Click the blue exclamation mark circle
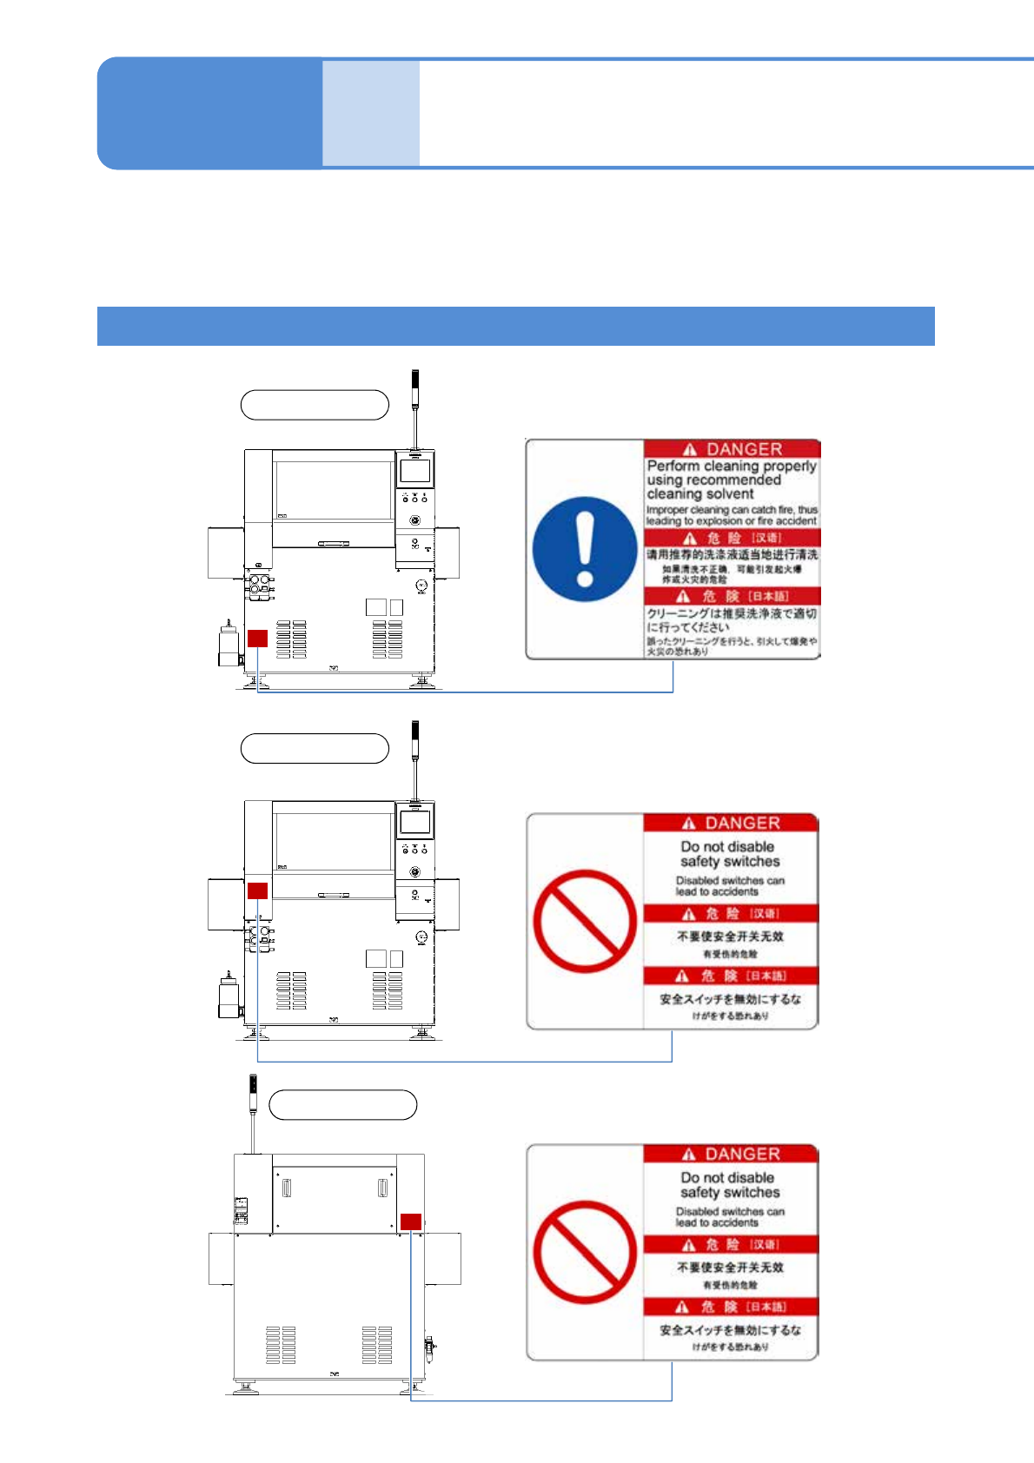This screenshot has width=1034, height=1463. [x=585, y=549]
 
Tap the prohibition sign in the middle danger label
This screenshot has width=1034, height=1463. [x=585, y=921]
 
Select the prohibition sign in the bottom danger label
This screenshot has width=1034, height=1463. [x=585, y=1252]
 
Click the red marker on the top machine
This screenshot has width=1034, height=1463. [x=257, y=639]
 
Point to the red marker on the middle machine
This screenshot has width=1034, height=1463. [x=257, y=890]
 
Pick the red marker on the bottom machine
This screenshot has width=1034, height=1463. [x=411, y=1221]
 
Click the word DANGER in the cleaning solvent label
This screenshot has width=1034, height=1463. [x=744, y=449]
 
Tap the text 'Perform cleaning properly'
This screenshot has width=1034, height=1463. [x=732, y=467]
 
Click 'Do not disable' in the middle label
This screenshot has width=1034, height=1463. [x=727, y=846]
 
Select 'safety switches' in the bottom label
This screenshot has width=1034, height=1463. [x=730, y=1193]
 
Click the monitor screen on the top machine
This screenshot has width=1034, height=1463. [x=415, y=471]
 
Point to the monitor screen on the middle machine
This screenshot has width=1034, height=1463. [x=415, y=822]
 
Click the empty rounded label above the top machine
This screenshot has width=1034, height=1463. [x=315, y=405]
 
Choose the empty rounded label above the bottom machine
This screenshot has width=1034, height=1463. [x=343, y=1105]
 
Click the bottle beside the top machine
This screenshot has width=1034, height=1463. [x=228, y=645]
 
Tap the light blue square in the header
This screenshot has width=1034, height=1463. [x=371, y=113]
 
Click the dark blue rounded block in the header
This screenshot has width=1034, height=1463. [x=209, y=113]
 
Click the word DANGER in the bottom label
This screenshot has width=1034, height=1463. [x=742, y=1154]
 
